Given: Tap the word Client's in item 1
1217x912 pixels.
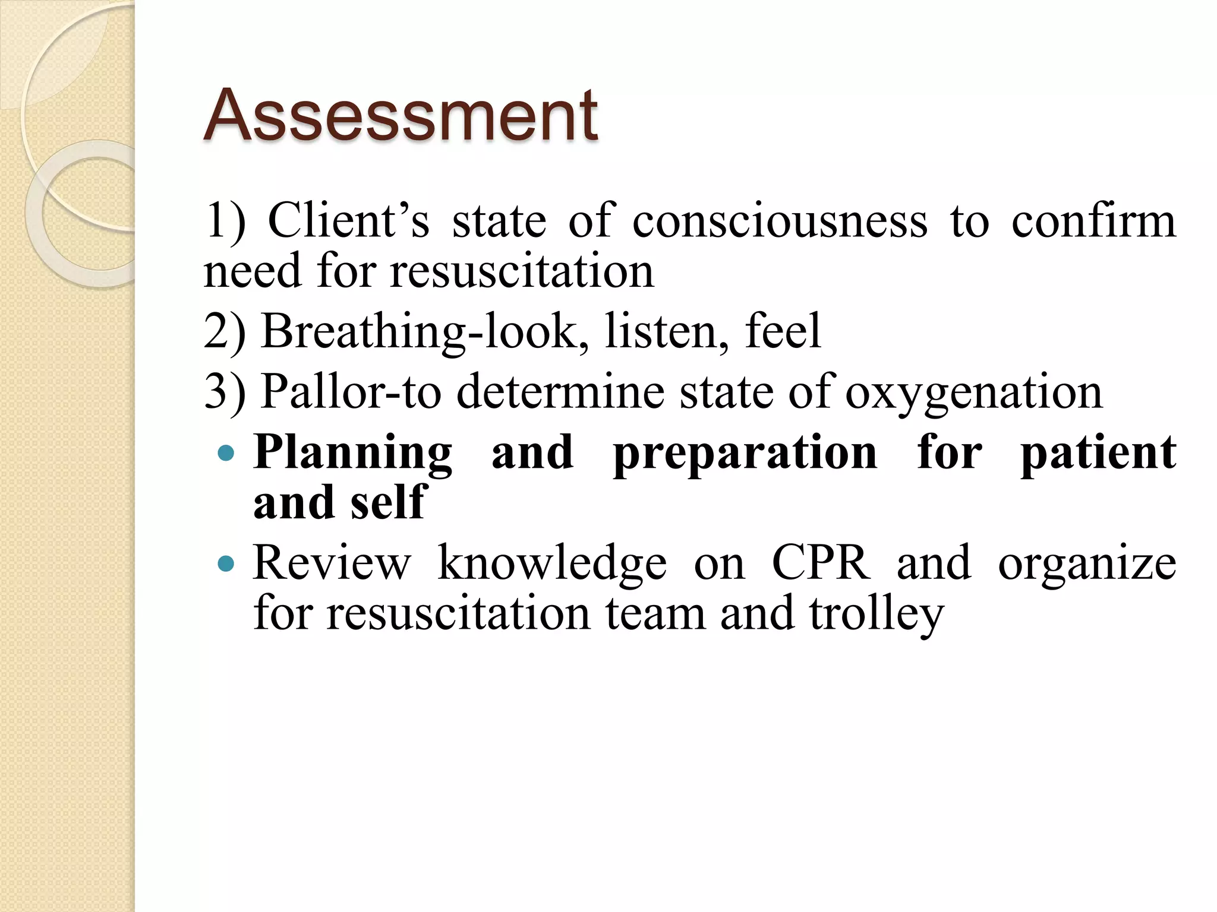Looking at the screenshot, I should pos(348,221).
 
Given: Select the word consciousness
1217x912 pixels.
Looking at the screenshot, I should pos(779,221).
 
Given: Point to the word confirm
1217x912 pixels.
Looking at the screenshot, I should pos(1093,221).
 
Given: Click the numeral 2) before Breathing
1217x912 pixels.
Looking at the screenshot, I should pos(225,331).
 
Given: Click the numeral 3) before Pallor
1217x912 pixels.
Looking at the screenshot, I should pos(225,392).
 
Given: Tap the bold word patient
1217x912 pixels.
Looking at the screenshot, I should pos(1098,453).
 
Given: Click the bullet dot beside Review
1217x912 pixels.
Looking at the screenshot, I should pos(226,563).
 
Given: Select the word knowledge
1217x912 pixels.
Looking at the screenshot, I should pos(552,563).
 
